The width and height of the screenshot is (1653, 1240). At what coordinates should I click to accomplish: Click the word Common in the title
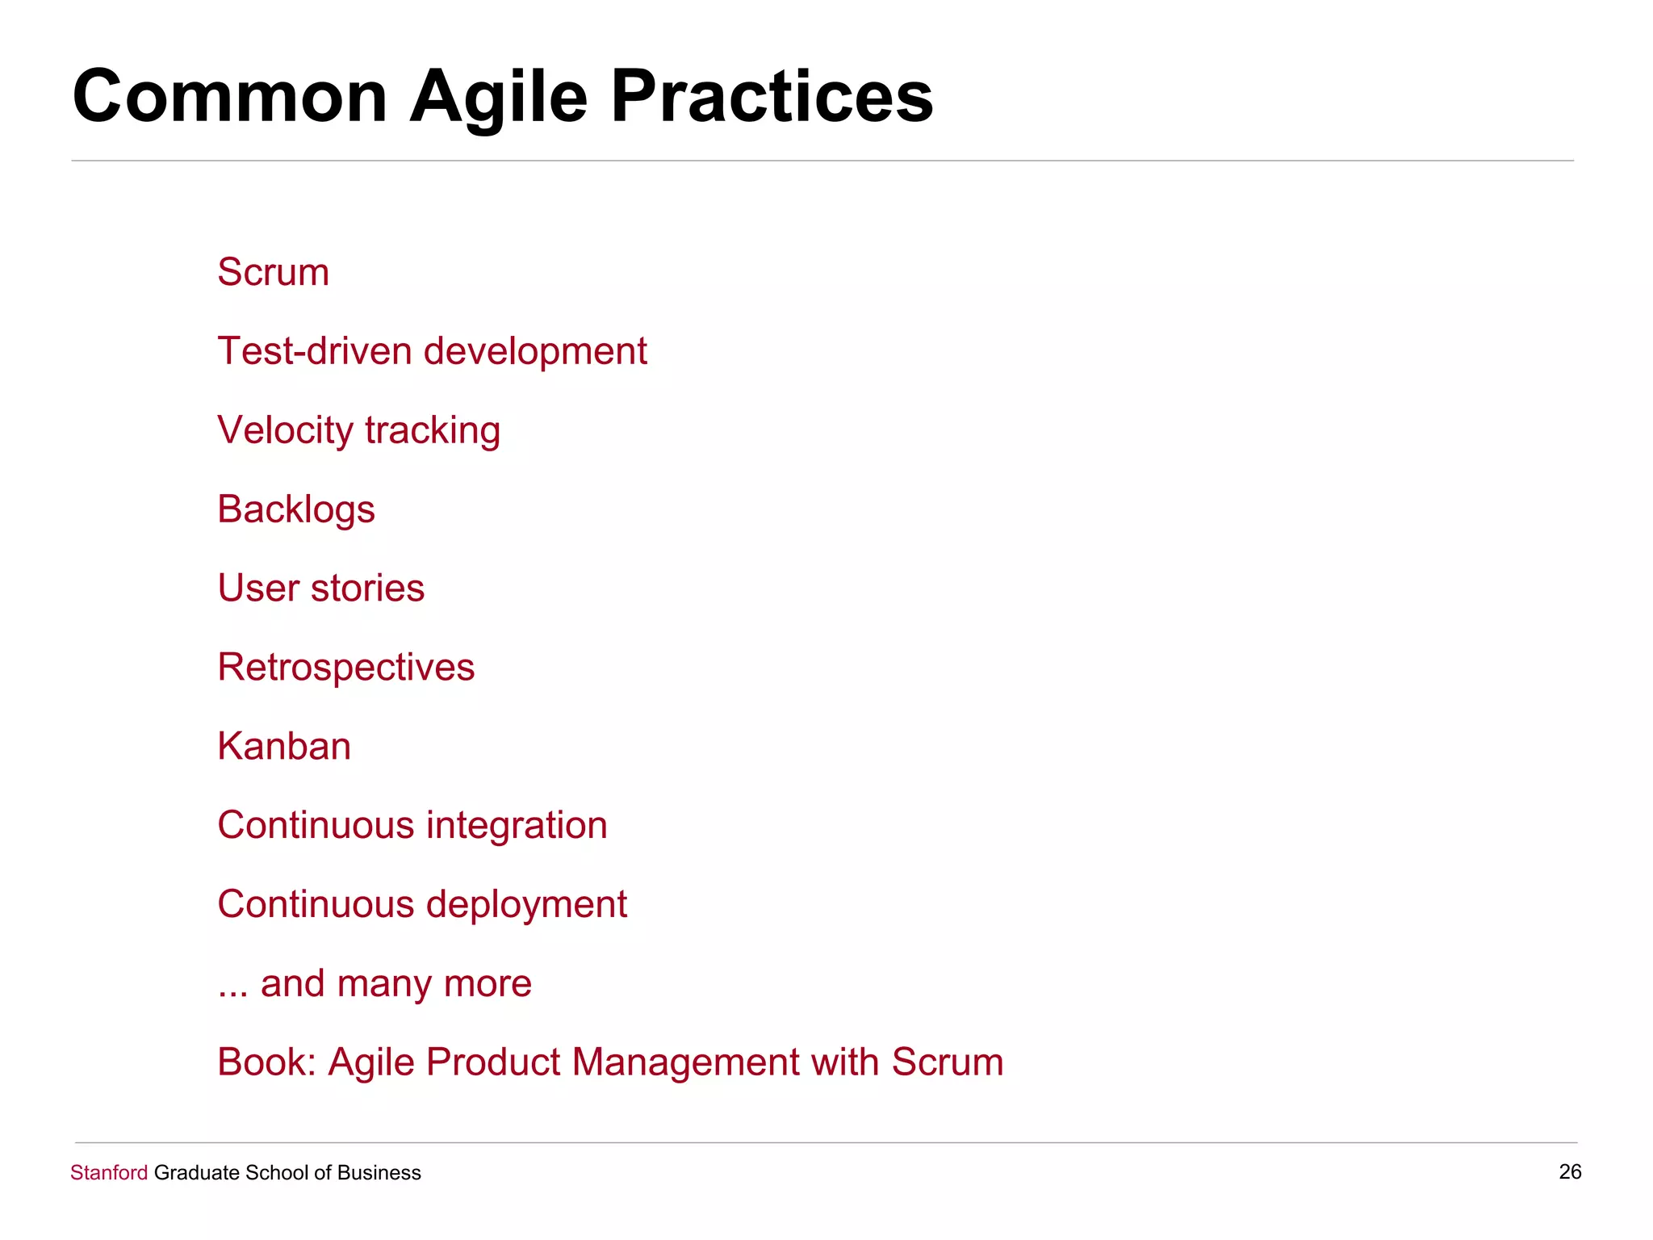[230, 97]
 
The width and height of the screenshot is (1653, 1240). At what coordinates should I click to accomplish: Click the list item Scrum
[273, 272]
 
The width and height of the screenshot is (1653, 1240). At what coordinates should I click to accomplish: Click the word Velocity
[285, 430]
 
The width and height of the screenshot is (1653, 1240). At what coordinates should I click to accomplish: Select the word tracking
[433, 430]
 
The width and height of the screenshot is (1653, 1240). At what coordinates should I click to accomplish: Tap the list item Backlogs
[296, 509]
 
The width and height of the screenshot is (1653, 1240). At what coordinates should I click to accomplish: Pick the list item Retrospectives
[346, 668]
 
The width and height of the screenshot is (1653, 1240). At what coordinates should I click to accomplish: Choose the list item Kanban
[284, 746]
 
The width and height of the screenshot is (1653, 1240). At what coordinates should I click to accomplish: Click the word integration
[517, 825]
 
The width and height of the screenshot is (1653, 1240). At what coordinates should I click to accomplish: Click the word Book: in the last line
[266, 1062]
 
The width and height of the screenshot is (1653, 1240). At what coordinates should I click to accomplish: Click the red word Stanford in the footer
[109, 1173]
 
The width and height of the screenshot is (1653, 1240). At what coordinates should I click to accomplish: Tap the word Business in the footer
[379, 1173]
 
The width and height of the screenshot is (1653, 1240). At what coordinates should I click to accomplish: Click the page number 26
[1570, 1172]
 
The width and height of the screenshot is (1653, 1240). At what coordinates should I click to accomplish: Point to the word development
[535, 352]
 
